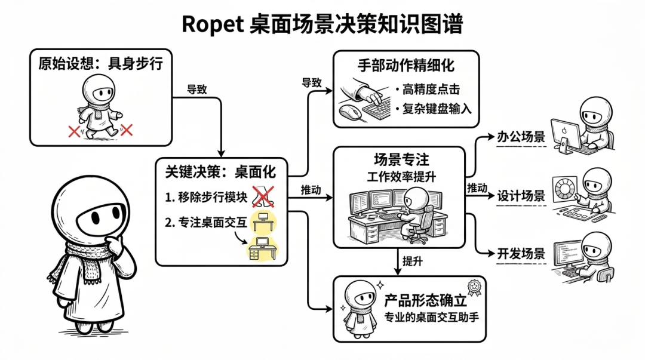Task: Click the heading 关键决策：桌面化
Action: (x=220, y=172)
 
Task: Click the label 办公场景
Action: (x=521, y=136)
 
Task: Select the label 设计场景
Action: (x=521, y=195)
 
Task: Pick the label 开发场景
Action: (x=521, y=253)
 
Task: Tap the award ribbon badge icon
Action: (x=474, y=288)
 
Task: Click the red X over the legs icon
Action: (x=263, y=196)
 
